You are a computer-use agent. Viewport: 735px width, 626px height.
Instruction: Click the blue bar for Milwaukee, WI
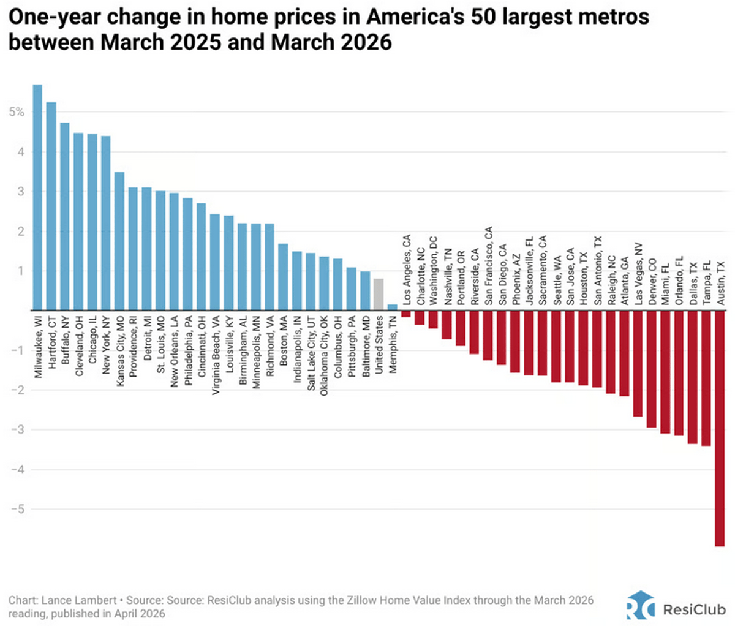pyautogui.click(x=37, y=197)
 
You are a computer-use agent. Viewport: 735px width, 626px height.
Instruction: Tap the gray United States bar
pyautogui.click(x=379, y=294)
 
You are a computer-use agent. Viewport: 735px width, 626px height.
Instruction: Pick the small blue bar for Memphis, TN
pyautogui.click(x=393, y=307)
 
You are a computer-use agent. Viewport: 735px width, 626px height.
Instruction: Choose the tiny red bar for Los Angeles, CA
pyautogui.click(x=406, y=314)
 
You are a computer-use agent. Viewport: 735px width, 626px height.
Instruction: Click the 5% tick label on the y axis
pyautogui.click(x=17, y=112)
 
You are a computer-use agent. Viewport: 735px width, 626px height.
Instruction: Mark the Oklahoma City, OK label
pyautogui.click(x=324, y=355)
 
